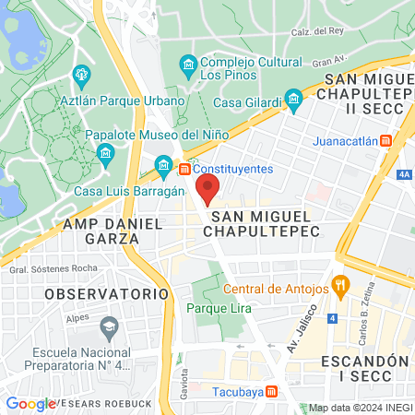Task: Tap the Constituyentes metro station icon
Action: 184,170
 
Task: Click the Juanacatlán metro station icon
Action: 385,141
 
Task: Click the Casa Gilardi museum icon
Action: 293,99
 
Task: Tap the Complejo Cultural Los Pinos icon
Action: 188,63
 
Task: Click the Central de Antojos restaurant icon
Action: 340,285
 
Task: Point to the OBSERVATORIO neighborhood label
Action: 108,293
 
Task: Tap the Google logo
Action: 30,403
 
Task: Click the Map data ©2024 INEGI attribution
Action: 359,408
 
